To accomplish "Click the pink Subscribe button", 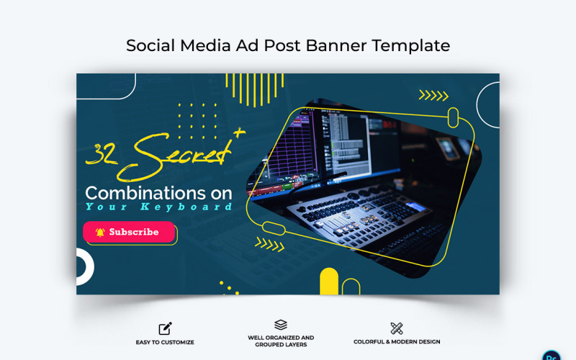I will click(x=130, y=232).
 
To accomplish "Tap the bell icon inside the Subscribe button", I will click(x=100, y=232).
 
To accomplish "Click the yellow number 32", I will click(x=102, y=153).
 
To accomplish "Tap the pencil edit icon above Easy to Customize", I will click(x=165, y=328).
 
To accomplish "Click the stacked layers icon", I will click(x=281, y=325).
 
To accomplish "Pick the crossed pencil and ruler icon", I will click(x=397, y=328).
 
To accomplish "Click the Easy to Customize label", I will click(x=165, y=342).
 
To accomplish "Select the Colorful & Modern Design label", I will click(x=397, y=342).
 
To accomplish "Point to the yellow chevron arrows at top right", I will click(x=433, y=95).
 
